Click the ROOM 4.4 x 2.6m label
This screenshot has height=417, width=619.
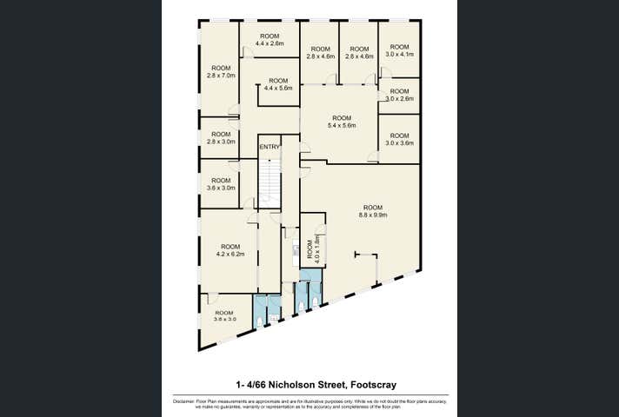point(270,39)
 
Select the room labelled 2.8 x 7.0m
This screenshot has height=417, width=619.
point(220,71)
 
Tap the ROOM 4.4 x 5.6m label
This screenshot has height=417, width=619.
point(278,83)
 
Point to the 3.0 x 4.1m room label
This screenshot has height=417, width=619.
point(399,50)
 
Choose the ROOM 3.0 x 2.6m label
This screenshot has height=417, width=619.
point(399,95)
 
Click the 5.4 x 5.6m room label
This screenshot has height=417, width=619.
point(342,122)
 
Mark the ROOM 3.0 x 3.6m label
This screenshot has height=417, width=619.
point(399,139)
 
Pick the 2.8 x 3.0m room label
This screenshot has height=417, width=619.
point(220,137)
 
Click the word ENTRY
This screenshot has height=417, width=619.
point(270,147)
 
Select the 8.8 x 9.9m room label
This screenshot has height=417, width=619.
point(373,210)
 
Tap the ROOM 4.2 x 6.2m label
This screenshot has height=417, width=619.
point(230,250)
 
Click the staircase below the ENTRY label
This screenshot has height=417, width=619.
point(270,182)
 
